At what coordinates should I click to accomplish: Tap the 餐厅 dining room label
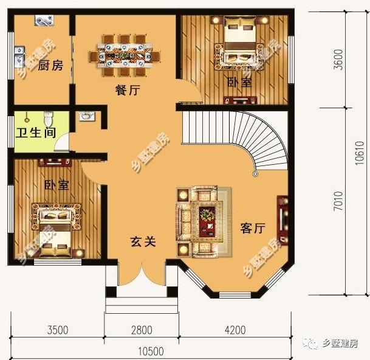128,91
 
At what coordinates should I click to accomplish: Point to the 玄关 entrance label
143,241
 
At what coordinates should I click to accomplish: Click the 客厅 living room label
253,228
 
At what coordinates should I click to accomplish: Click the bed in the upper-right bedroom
237,44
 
